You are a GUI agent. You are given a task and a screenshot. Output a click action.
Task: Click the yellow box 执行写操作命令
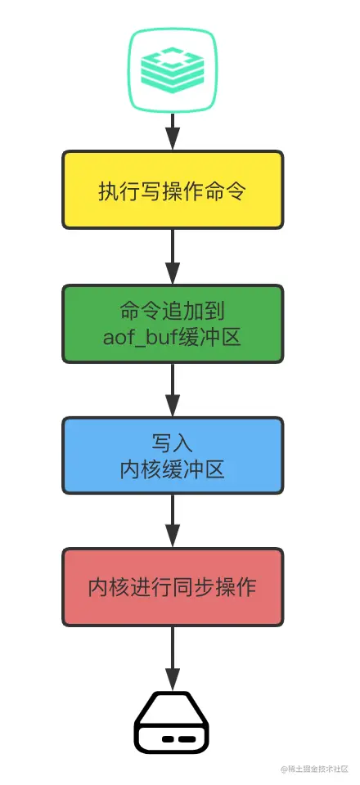pyautogui.click(x=173, y=190)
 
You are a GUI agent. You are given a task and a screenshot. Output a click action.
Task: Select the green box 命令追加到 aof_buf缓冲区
pyautogui.click(x=173, y=324)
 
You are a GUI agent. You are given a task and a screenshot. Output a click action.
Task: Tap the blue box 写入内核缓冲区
pyautogui.click(x=173, y=456)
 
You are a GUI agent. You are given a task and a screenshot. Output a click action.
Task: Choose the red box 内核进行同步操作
pyautogui.click(x=173, y=588)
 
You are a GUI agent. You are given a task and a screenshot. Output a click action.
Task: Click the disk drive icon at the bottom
pyautogui.click(x=173, y=724)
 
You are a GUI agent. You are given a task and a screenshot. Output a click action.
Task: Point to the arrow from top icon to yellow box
pyautogui.click(x=173, y=131)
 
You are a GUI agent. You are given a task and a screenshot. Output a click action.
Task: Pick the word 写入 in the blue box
pyautogui.click(x=173, y=443)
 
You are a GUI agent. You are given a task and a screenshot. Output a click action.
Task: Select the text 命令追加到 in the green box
pyautogui.click(x=173, y=311)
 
